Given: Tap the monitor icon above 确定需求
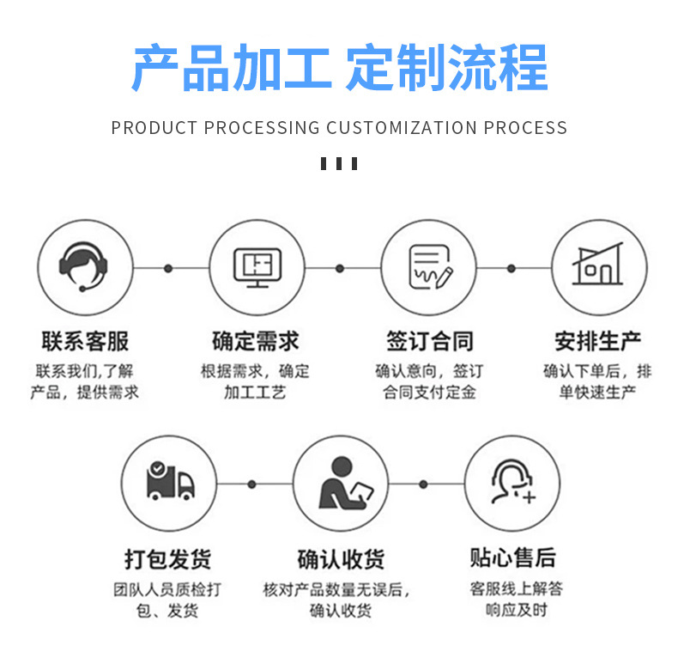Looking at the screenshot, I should coord(257,266).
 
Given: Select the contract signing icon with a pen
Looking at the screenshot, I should coord(428,266).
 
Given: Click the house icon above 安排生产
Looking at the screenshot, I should coord(598,266).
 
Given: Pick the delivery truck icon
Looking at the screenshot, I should coord(169,482).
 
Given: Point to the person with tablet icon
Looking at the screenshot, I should coord(341,483).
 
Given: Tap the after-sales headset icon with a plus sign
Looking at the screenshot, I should coord(512,482).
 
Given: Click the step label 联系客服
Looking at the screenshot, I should coord(85,341).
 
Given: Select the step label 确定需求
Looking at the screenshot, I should coord(256,341).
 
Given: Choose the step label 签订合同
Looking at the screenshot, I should coord(429,341).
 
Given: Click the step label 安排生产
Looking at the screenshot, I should coord(598,341).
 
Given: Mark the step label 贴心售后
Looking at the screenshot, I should coord(512,558).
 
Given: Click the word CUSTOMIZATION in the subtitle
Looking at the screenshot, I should coord(402,128).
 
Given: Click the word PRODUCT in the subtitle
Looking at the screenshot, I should coord(142,128).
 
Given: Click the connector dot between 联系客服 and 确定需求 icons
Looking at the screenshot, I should coord(168,268).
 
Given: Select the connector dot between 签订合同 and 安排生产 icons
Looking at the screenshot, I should coord(512,268).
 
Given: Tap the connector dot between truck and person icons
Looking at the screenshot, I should coord(251,484).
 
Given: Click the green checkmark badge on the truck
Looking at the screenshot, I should coord(156,469).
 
